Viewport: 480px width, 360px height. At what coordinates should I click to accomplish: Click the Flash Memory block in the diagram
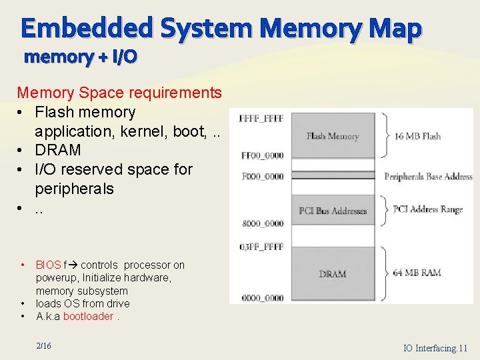(333, 136)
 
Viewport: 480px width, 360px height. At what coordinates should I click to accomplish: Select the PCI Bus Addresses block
(333, 211)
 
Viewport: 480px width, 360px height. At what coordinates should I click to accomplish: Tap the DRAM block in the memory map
(333, 274)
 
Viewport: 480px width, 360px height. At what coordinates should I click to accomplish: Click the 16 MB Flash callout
(417, 136)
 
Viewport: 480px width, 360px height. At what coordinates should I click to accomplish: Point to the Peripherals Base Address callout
(428, 177)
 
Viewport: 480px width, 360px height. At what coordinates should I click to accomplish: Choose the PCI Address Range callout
(427, 209)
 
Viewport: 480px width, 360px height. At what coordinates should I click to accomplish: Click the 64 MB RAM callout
(417, 273)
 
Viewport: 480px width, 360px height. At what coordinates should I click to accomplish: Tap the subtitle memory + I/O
(80, 57)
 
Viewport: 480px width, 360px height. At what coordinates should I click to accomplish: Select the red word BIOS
(48, 265)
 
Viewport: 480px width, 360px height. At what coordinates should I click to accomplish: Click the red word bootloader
(88, 316)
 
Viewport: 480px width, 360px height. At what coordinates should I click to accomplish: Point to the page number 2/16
(43, 345)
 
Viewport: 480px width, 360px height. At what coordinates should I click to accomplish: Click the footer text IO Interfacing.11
(435, 348)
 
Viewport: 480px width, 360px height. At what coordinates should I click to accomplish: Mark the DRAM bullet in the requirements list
(58, 150)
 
